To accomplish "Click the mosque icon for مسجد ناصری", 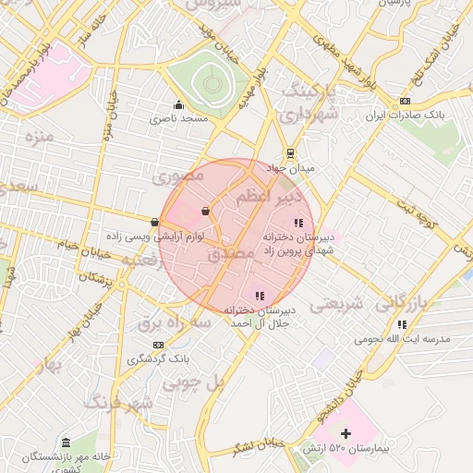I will (x=178, y=104).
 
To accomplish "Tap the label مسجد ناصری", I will (x=182, y=119).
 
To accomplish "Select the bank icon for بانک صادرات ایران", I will (x=405, y=101).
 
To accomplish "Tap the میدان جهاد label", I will (x=290, y=168).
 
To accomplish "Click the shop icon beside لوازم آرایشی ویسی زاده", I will (x=153, y=222).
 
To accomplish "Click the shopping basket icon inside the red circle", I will (x=204, y=212).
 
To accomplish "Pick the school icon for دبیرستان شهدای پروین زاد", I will (x=297, y=223).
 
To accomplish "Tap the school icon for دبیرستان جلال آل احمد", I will (x=260, y=296).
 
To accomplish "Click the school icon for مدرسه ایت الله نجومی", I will (x=402, y=324).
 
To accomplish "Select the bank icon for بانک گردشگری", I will (x=158, y=344).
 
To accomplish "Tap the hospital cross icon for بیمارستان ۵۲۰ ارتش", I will (x=346, y=433).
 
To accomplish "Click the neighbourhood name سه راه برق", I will (x=175, y=321).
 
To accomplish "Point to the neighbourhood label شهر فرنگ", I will (x=118, y=403).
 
